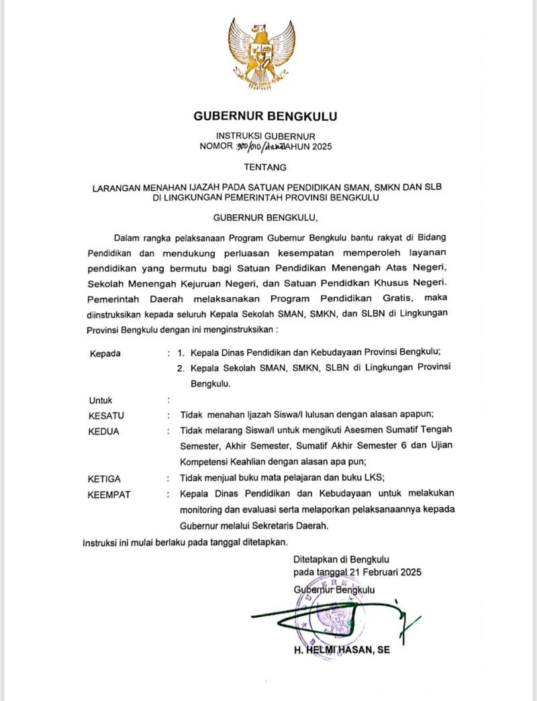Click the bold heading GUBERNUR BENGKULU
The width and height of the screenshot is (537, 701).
point(266,116)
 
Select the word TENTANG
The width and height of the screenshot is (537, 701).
point(265,167)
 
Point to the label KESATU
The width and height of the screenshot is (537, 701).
point(107,415)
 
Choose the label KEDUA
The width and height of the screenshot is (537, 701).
point(104,431)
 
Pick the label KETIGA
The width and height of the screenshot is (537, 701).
point(105,478)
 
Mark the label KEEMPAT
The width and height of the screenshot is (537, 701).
point(109,495)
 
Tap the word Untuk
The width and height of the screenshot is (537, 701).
point(101,400)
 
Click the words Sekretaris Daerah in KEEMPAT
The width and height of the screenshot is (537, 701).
point(291,526)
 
